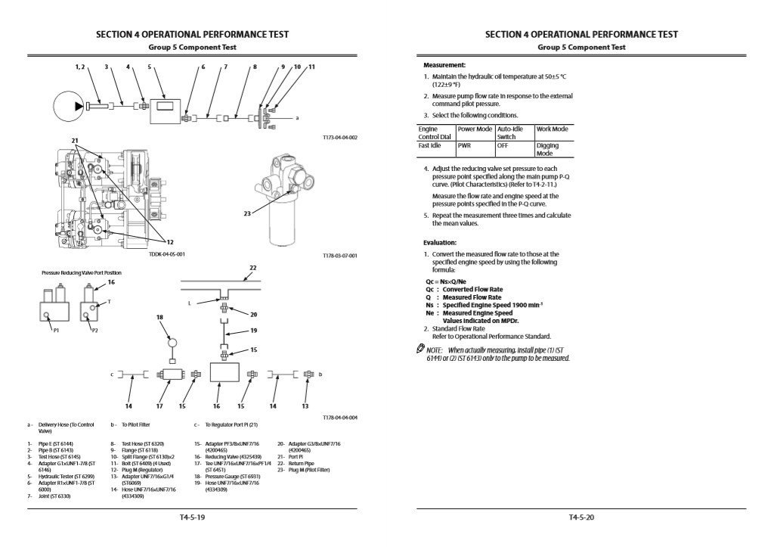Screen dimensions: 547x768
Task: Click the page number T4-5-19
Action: coord(193,517)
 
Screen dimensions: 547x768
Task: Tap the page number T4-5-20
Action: coord(581,517)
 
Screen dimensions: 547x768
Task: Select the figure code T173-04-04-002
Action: coord(339,138)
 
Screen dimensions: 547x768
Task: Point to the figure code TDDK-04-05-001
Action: coord(167,254)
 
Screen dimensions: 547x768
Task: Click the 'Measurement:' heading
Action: coord(444,65)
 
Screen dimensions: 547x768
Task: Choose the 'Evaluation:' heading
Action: coord(440,242)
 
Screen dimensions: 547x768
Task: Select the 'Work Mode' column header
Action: coord(553,129)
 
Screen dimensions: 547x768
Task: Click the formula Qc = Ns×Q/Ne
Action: coord(448,281)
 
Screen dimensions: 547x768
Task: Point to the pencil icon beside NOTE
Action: coord(420,350)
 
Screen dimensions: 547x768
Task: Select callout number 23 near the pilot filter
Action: coord(246,214)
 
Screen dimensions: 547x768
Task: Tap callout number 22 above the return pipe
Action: coord(253,268)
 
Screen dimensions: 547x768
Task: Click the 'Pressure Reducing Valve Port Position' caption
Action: coord(82,272)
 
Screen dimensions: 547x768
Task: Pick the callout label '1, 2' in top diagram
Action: coord(80,67)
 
